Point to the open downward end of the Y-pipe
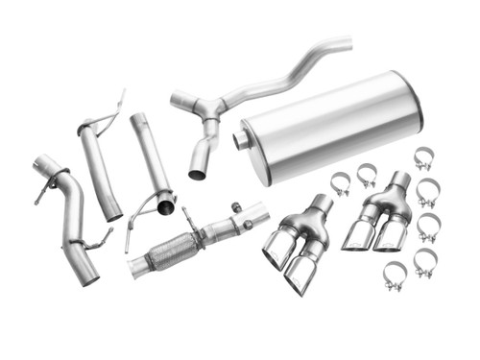coord(197,173)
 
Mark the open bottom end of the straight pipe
coord(165,206)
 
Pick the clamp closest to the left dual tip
coord(341,183)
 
